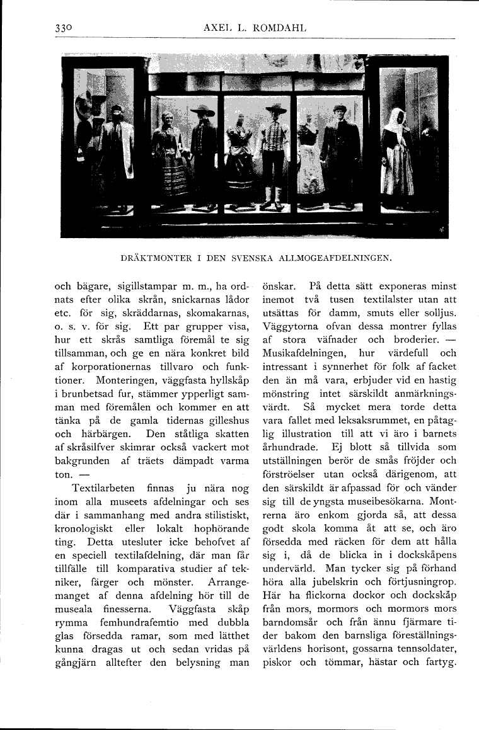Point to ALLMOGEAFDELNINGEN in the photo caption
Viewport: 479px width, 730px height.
coord(340,257)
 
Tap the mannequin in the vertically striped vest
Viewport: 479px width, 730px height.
coord(275,154)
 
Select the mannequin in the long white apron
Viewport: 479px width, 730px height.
coord(311,161)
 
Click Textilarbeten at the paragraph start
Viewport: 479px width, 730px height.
coord(103,488)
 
